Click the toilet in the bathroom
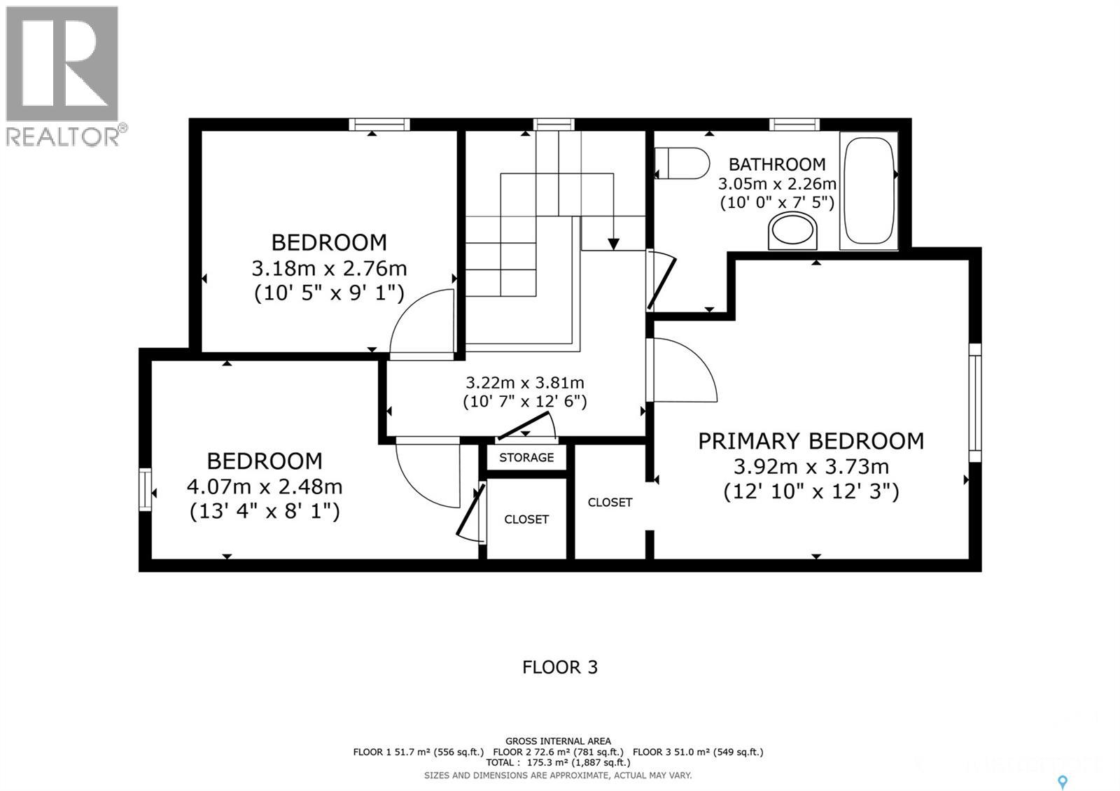682,163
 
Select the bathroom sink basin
792,230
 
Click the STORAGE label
526,458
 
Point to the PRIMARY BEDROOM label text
811,441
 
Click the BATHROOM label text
777,164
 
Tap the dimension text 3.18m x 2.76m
329,269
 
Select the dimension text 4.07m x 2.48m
265,486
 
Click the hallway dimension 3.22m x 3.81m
525,382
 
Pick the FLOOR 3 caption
560,667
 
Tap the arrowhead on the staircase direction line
613,244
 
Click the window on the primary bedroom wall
975,402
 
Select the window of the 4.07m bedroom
145,489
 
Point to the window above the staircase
554,125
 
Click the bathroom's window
794,125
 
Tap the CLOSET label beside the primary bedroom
610,502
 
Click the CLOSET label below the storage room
526,519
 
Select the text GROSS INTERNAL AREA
558,741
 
